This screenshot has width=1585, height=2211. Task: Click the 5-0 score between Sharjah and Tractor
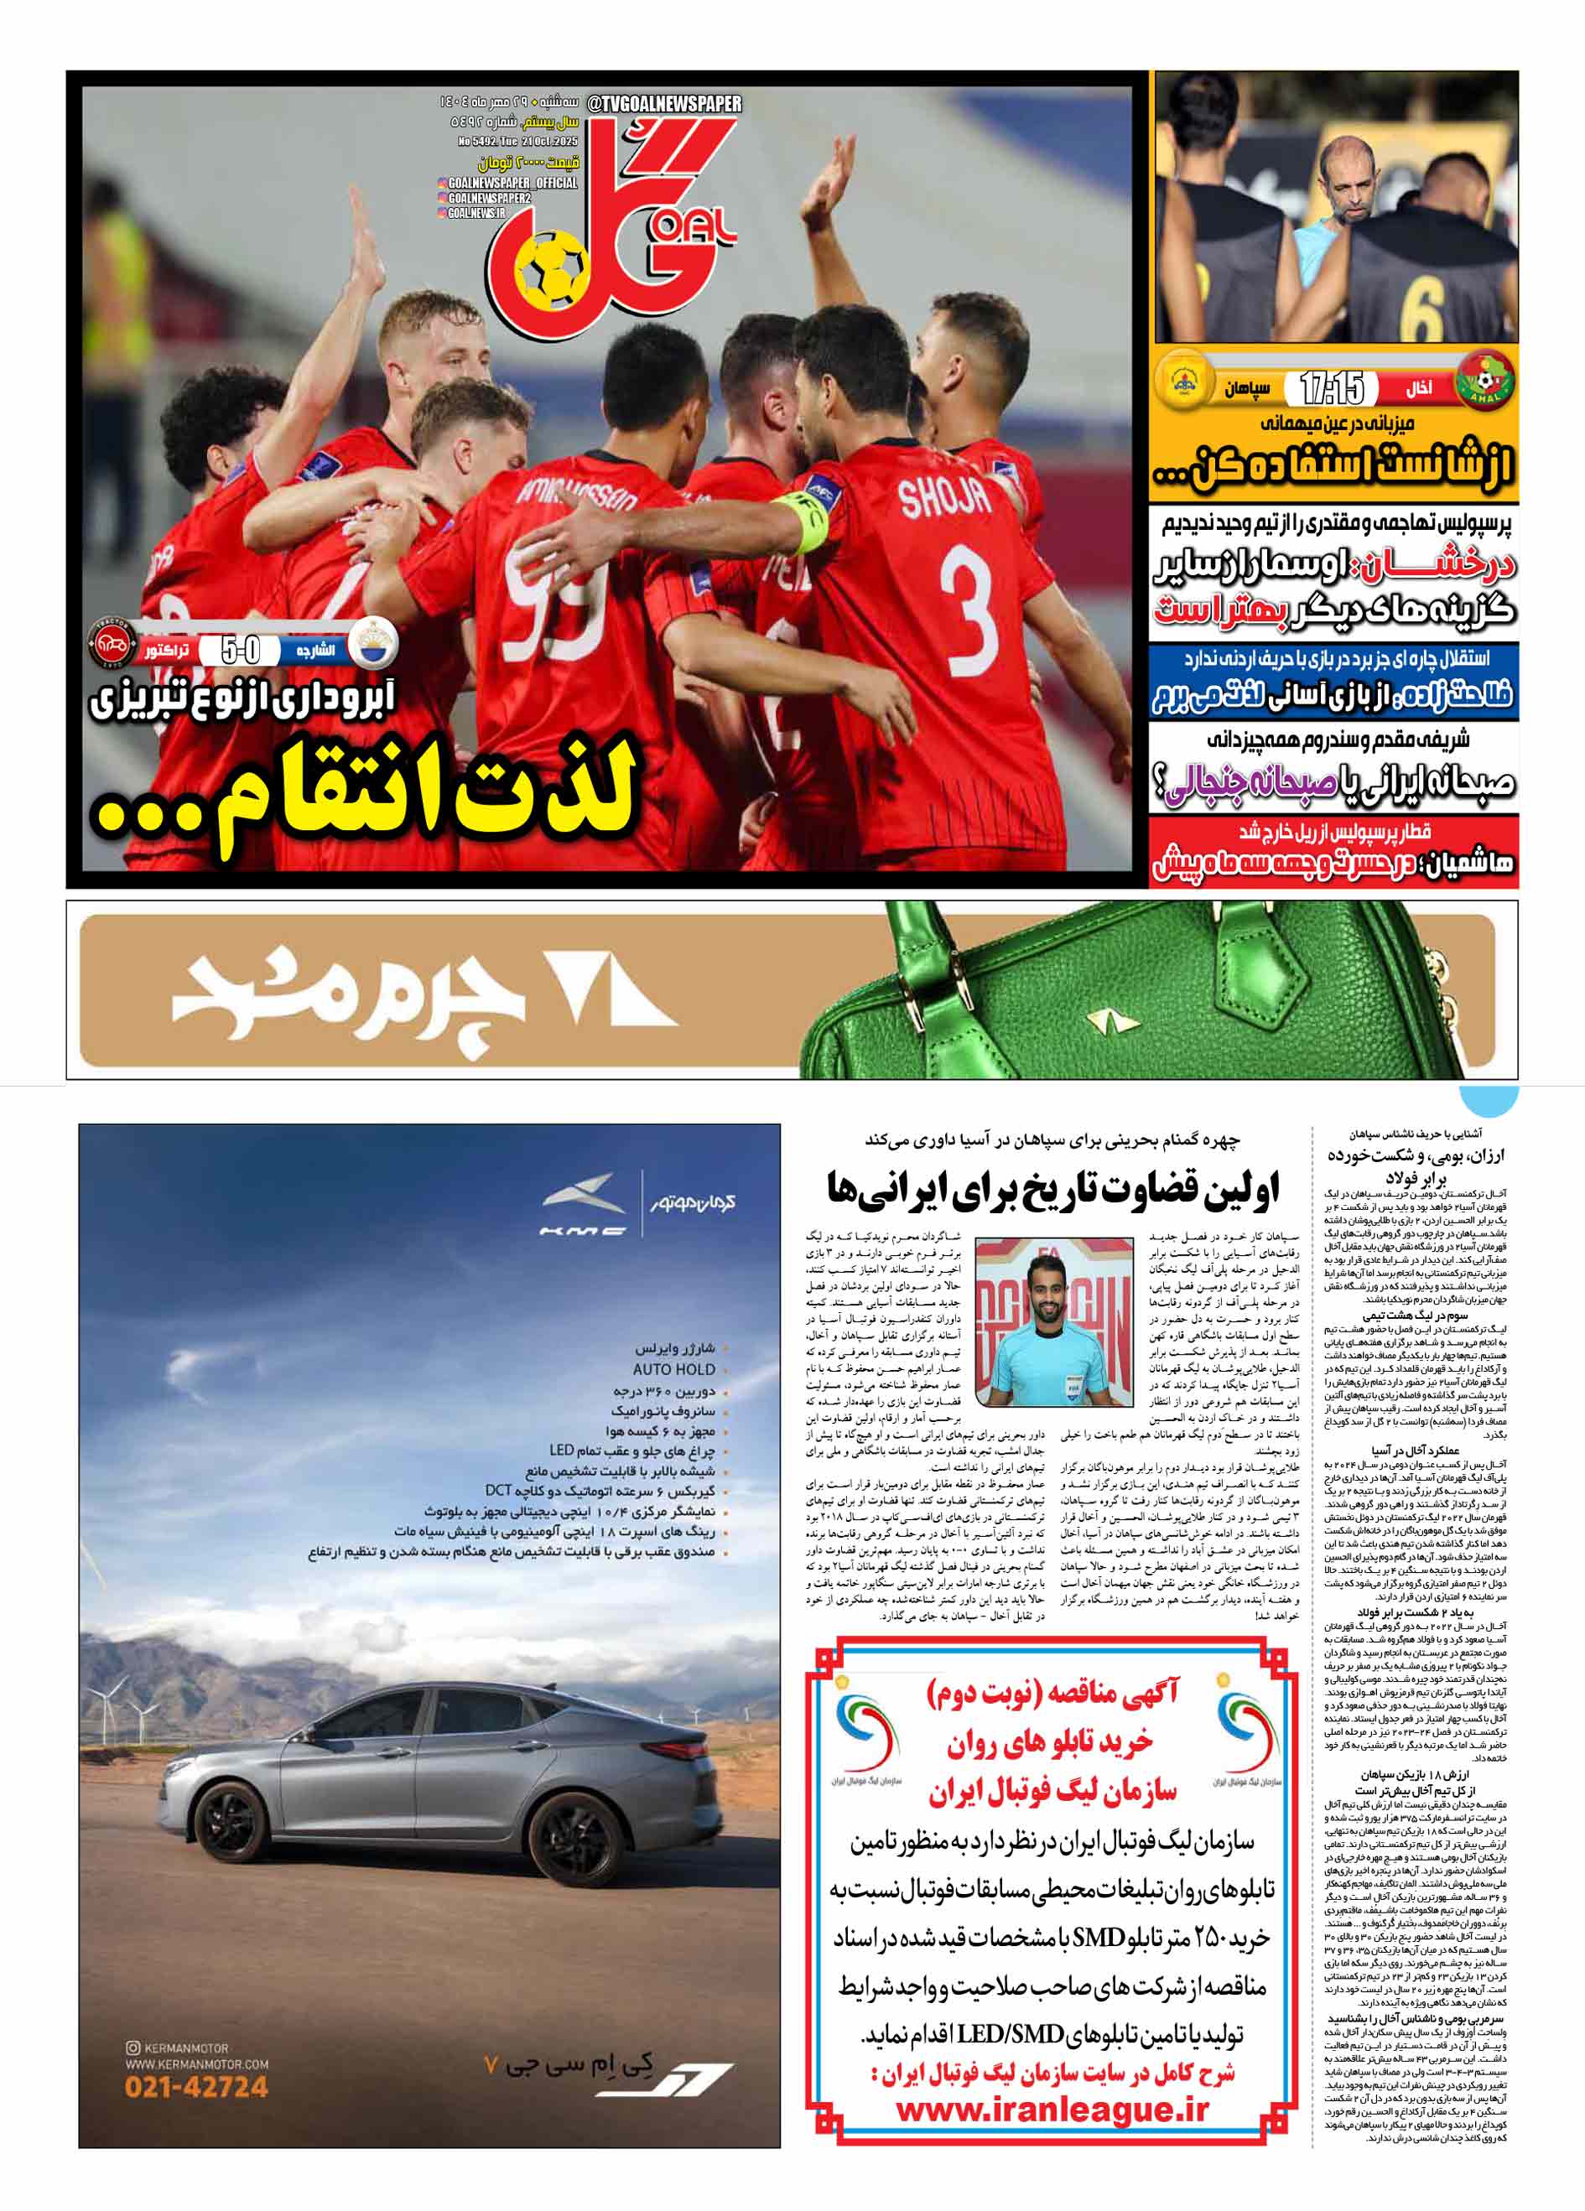tap(240, 649)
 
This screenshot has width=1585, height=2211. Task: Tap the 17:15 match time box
tap(1333, 389)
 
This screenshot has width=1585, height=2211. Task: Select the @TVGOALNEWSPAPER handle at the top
tap(664, 103)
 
